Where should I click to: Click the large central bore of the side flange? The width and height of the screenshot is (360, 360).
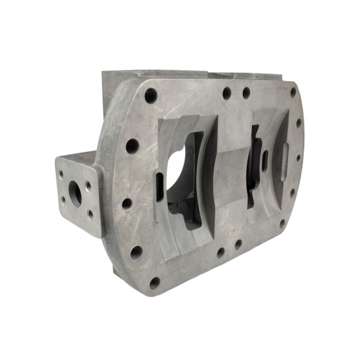coord(75,194)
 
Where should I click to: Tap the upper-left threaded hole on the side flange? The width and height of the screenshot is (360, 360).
coord(62,174)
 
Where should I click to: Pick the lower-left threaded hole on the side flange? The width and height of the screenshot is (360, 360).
coord(63,201)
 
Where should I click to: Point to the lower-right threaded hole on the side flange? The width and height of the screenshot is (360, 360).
coord(89,214)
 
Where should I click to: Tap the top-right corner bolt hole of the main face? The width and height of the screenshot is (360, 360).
coord(293,92)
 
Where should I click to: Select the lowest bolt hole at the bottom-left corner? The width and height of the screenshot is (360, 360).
coord(154,283)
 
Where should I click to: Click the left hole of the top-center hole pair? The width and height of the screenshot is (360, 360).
coord(226,94)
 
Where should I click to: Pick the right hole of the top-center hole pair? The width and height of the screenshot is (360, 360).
coord(246,93)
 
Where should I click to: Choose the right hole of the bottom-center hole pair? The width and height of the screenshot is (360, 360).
coord(238,244)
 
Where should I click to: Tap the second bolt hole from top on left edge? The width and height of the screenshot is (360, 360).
coord(132,145)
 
